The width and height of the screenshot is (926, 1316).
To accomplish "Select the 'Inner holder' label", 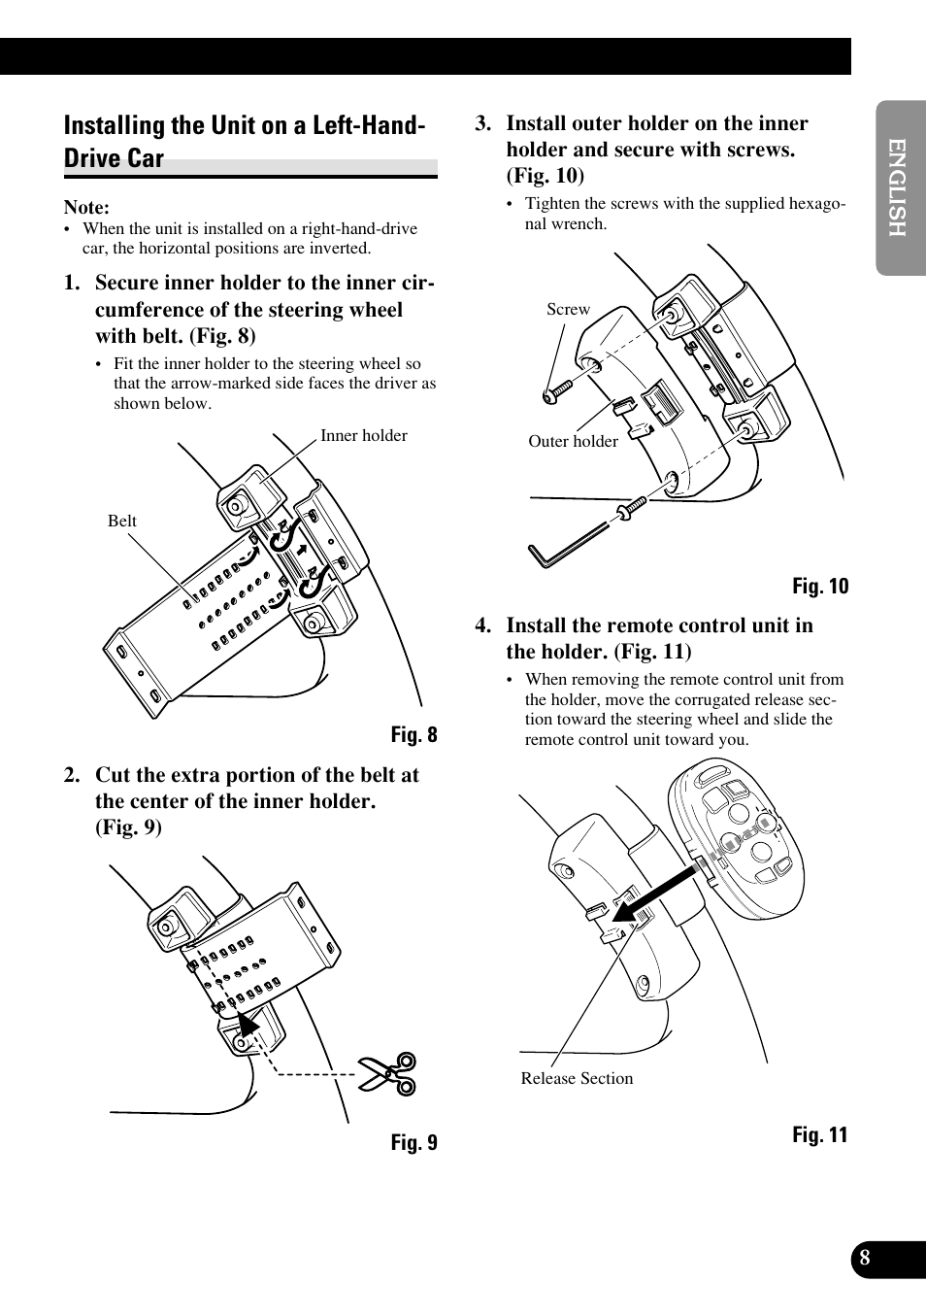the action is pos(363,435).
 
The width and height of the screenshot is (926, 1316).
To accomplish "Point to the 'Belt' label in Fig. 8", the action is pos(121,521).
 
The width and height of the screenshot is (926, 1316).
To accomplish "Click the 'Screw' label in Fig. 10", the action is pos(568,309).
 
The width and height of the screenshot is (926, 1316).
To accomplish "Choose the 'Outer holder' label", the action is pos(573,441).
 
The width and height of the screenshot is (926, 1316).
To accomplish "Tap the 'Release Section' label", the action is pos(577,1078).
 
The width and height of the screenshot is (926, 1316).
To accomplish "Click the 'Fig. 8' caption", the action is pos(413,734).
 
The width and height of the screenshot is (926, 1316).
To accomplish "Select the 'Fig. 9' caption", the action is pos(413,1142).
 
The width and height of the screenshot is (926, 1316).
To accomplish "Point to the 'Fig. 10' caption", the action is pos(820,586).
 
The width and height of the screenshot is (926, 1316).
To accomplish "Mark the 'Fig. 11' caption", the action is pos(820,1134).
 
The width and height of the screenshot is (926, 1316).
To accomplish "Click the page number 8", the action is pos(865,1257).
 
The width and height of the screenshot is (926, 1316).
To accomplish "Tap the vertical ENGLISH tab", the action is pos(897,187).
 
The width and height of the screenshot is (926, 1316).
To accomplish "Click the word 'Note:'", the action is pos(87,208).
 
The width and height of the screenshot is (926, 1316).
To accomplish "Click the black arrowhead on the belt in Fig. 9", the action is pos(248,1024).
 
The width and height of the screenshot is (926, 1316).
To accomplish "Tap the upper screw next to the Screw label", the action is pos(558,392).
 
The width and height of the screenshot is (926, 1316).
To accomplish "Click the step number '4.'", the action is pos(482,625).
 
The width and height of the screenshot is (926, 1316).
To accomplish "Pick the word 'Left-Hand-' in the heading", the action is pos(369,125).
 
